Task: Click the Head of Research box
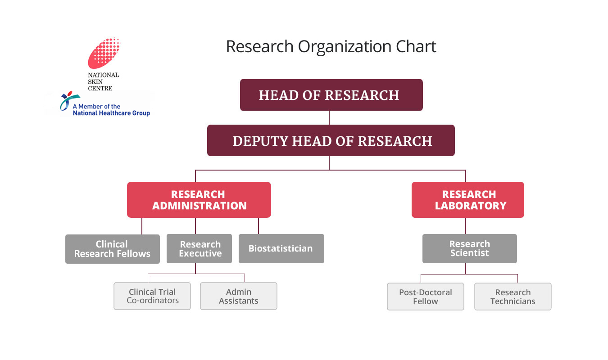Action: pos(331,95)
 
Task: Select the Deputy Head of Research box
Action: pos(331,140)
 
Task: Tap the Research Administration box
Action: pos(199,200)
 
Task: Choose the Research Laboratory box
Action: pos(468,200)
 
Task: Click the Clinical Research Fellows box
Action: pos(112,249)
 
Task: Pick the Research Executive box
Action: pos(200,249)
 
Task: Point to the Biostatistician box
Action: pos(281,248)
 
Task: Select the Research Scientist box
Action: pos(469,248)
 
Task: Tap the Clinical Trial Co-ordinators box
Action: pos(152,296)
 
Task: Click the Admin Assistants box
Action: pos(239,296)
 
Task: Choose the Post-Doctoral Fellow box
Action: pos(426,297)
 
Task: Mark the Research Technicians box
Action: pos(513,297)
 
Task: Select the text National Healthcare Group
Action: pos(111,113)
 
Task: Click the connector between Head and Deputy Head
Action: pos(329,117)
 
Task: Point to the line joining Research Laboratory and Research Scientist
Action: pos(466,226)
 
